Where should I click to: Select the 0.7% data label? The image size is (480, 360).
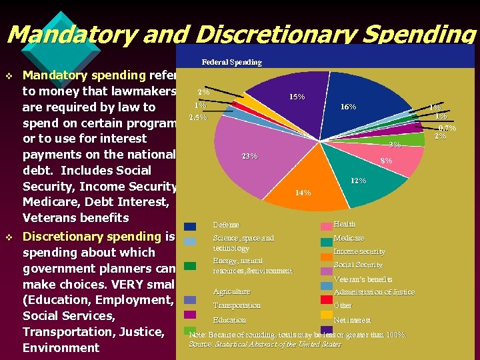click(x=447, y=127)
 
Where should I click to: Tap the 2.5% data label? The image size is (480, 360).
click(x=198, y=118)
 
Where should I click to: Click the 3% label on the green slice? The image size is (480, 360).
click(x=395, y=145)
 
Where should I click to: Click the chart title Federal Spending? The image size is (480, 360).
click(x=231, y=62)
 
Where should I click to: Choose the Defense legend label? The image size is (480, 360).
click(x=226, y=225)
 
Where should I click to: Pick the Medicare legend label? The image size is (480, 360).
click(x=349, y=238)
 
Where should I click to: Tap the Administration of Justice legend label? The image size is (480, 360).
click(x=374, y=292)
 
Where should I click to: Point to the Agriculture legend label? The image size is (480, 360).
click(x=231, y=291)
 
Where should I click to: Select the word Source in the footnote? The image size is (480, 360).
click(x=199, y=344)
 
